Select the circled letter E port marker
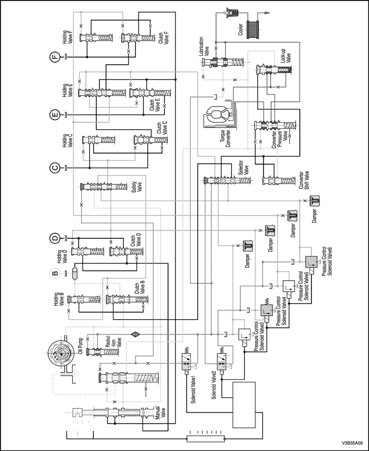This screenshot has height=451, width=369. [54, 114]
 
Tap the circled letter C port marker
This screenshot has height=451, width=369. [54, 168]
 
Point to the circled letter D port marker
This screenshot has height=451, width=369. [54, 238]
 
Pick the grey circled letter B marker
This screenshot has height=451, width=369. [54, 273]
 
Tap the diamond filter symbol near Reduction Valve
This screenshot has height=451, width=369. [135, 334]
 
